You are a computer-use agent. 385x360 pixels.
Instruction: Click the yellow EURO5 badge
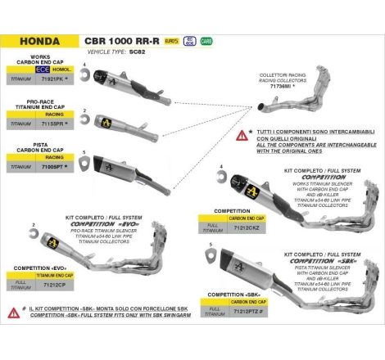tap(170, 39)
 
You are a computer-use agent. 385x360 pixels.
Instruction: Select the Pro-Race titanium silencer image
tap(125, 122)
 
